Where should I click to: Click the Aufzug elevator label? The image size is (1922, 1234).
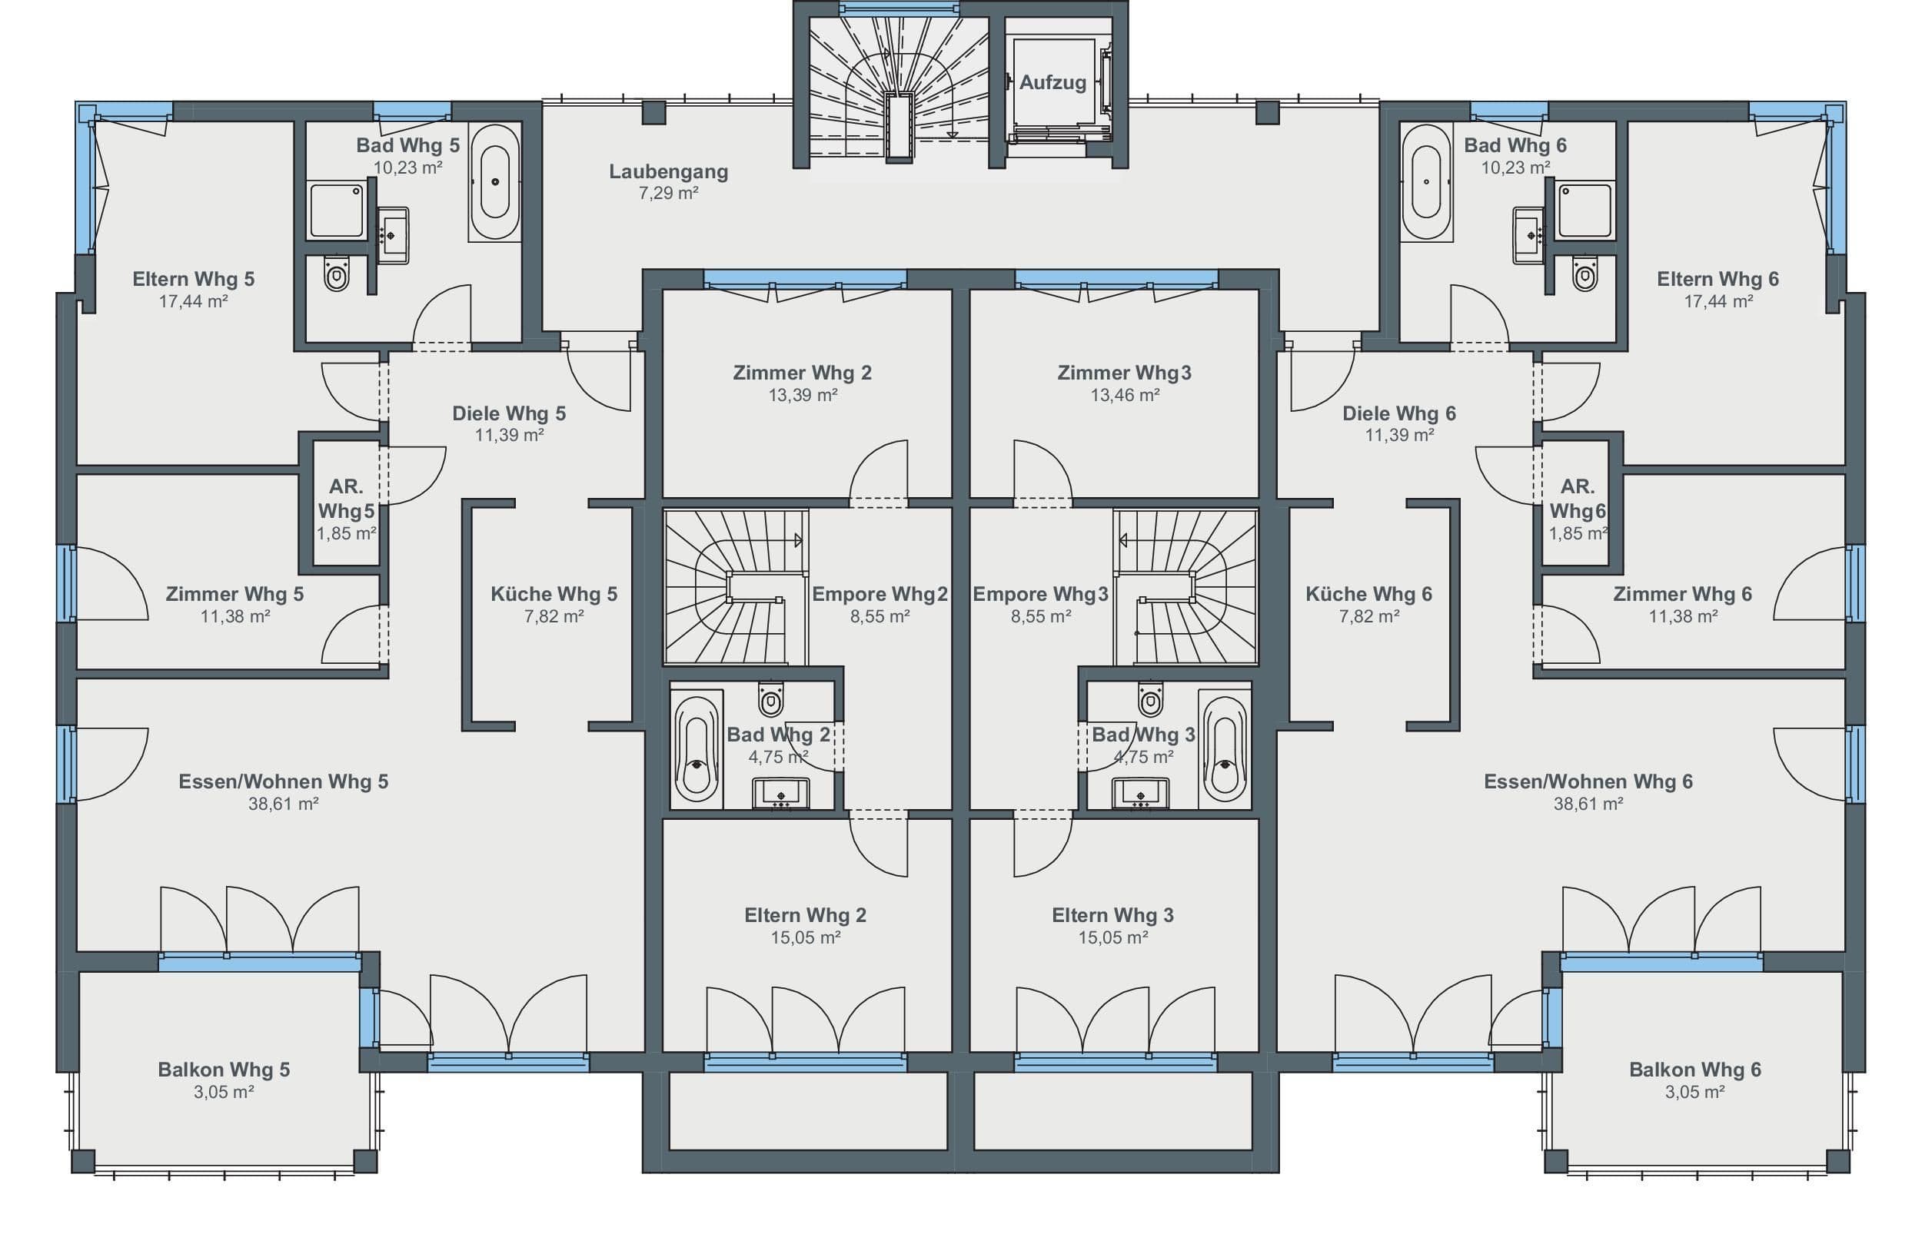click(1052, 81)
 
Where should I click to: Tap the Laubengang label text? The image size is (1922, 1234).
click(668, 171)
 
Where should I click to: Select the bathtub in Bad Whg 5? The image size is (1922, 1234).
click(494, 182)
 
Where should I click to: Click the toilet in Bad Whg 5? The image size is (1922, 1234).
click(337, 274)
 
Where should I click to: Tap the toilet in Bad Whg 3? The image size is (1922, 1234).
click(1150, 698)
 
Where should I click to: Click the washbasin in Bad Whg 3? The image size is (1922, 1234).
click(1139, 793)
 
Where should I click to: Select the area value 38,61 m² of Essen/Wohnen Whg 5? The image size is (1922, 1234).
click(284, 804)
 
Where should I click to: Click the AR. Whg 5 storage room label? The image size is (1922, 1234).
click(346, 499)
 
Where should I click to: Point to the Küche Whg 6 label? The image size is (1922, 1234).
click(1369, 594)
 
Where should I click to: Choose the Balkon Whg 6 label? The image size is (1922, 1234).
click(1695, 1070)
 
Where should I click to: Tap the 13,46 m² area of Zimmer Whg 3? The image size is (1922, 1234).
click(1125, 395)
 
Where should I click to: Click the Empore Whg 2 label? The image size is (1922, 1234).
click(880, 594)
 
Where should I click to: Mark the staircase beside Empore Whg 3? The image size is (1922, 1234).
click(1185, 586)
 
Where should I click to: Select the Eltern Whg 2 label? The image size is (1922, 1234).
click(806, 915)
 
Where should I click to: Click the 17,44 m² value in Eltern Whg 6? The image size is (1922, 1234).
click(1718, 301)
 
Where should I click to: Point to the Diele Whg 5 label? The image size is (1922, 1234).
click(509, 413)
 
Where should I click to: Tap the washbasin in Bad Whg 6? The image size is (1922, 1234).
click(1528, 236)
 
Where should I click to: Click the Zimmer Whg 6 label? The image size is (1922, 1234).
click(1683, 594)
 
